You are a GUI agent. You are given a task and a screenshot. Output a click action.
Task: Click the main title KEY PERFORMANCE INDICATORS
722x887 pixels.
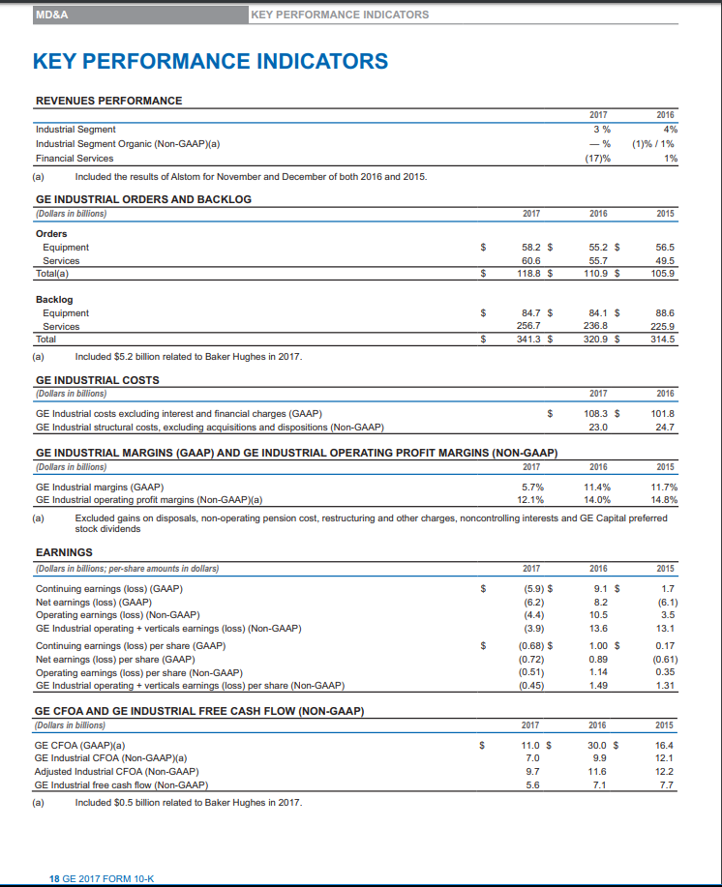[210, 62]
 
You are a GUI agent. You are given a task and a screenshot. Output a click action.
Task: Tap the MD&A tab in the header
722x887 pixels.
[51, 15]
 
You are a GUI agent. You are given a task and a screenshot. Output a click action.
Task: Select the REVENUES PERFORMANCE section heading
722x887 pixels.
[108, 101]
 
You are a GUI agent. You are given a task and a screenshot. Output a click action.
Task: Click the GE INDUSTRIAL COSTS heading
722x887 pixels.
[97, 379]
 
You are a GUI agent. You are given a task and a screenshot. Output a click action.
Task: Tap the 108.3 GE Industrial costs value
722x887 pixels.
[598, 413]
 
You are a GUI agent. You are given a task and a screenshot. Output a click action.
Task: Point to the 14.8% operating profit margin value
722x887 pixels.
[662, 500]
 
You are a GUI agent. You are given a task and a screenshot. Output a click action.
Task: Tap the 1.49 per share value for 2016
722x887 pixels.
[600, 686]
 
